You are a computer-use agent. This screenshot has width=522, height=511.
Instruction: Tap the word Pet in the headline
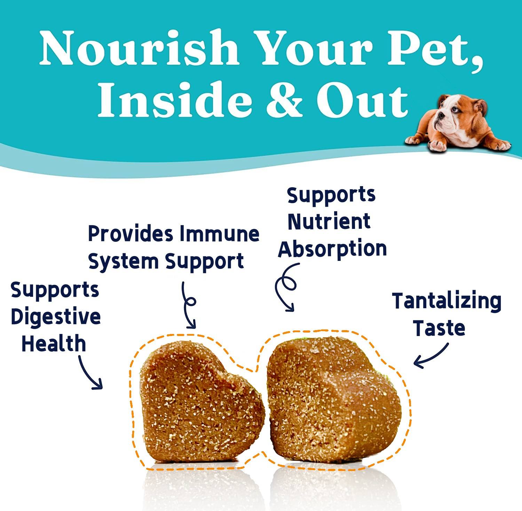click(x=437, y=48)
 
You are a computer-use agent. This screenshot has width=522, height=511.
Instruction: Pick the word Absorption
click(x=332, y=249)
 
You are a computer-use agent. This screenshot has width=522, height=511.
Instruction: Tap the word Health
click(x=54, y=343)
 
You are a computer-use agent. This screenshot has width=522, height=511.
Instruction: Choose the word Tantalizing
click(x=447, y=301)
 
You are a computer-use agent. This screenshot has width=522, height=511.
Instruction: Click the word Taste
click(x=440, y=328)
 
